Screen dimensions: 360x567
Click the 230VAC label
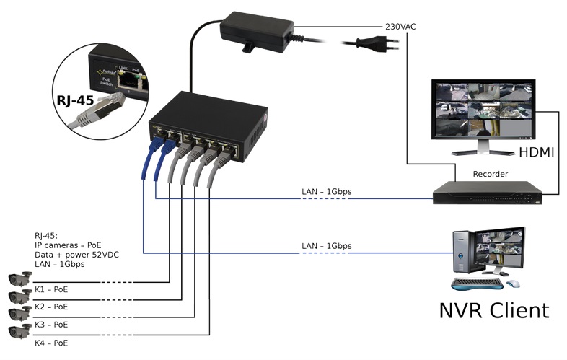400,27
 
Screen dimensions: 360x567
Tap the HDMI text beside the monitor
537,152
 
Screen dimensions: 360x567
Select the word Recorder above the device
490,174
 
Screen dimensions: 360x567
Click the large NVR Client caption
493,310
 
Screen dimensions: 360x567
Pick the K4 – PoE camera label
51,343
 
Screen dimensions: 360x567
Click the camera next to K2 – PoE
19,297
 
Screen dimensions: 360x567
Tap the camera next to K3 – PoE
19,314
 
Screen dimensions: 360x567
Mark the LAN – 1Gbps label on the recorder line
326,192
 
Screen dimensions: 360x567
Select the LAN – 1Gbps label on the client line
326,246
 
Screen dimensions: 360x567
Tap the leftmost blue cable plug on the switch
154,147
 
